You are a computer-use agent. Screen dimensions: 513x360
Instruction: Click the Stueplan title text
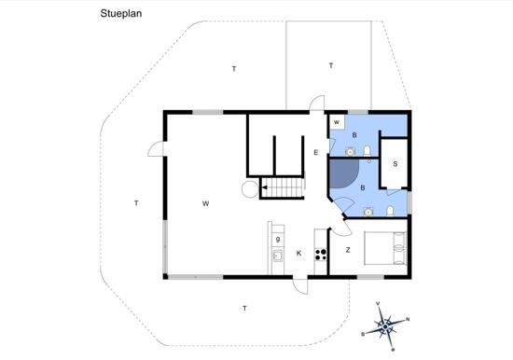[x=120, y=14]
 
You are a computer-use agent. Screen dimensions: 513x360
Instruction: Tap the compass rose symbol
[x=386, y=326]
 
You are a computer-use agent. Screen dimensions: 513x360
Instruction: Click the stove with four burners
[x=321, y=255]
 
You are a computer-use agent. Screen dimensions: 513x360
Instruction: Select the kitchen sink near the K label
[x=278, y=256]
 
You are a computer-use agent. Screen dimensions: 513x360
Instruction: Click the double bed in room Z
[x=385, y=248]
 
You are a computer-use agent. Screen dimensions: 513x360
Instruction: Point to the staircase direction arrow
[x=264, y=187]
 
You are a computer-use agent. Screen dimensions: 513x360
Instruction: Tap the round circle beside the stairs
[x=250, y=188]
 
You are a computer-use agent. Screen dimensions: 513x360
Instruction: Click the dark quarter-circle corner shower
[x=344, y=173]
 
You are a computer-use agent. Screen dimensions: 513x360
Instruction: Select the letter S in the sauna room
[x=395, y=164]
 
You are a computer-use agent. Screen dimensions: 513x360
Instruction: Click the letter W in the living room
[x=205, y=203]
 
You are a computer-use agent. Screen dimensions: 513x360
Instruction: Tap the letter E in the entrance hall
[x=315, y=153]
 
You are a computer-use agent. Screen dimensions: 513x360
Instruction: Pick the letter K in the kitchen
[x=298, y=253]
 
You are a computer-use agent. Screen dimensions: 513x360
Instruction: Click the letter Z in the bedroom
[x=348, y=250]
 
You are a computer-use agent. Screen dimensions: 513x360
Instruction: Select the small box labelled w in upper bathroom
[x=337, y=122]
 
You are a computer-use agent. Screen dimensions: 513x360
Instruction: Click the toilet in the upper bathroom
[x=367, y=151]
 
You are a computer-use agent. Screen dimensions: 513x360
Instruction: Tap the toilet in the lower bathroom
[x=390, y=211]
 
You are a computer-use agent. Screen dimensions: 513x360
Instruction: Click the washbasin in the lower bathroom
[x=368, y=212]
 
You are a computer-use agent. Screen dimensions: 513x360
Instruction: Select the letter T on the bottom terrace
[x=244, y=309]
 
